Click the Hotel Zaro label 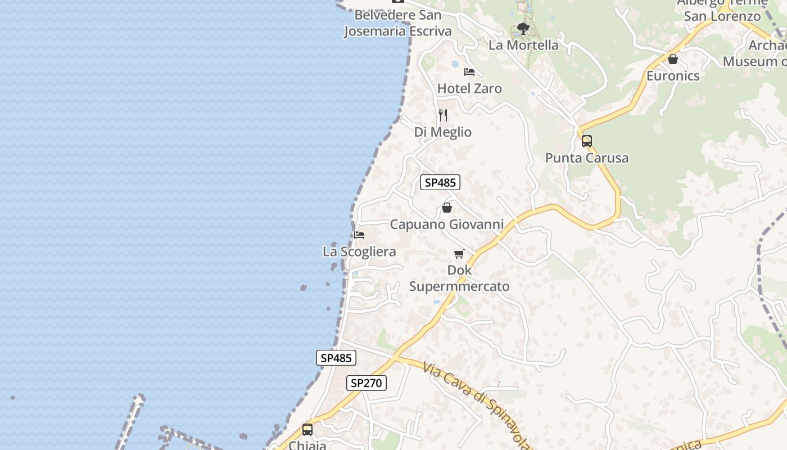pyautogui.click(x=469, y=88)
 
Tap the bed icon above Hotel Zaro pyautogui.click(x=469, y=71)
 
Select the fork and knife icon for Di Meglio pyautogui.click(x=443, y=115)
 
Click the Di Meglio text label pyautogui.click(x=443, y=132)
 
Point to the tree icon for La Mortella pyautogui.click(x=523, y=28)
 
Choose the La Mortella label pyautogui.click(x=523, y=45)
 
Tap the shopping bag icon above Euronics pyautogui.click(x=673, y=58)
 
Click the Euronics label pyautogui.click(x=673, y=75)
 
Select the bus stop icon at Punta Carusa pyautogui.click(x=587, y=141)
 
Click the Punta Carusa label pyautogui.click(x=587, y=158)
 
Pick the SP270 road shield pyautogui.click(x=366, y=383)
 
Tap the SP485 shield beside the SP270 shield pyautogui.click(x=336, y=358)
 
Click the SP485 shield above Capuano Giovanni pyautogui.click(x=440, y=182)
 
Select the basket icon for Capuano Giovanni pyautogui.click(x=447, y=208)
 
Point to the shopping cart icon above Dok pyautogui.click(x=459, y=254)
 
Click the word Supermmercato pyautogui.click(x=459, y=286)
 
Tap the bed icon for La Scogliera pyautogui.click(x=359, y=235)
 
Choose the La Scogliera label pyautogui.click(x=359, y=251)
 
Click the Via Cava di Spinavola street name pyautogui.click(x=476, y=405)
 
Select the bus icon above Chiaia pyautogui.click(x=307, y=430)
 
